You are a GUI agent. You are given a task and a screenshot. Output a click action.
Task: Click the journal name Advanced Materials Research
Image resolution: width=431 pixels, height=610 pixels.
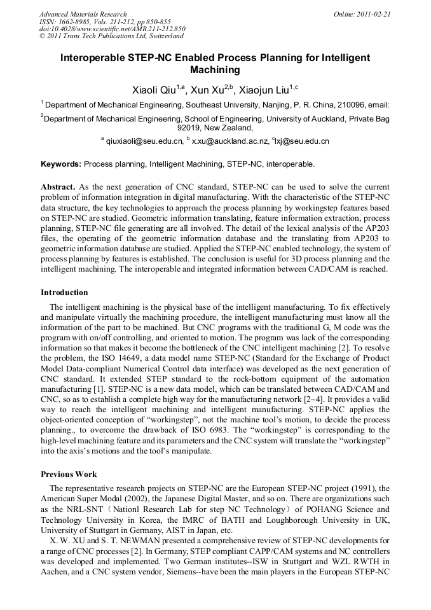[x=83, y=13]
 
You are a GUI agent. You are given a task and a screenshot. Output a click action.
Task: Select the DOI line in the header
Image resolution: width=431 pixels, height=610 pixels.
[x=112, y=29]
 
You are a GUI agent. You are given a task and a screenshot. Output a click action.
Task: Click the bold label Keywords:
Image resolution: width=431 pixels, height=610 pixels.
[x=61, y=163]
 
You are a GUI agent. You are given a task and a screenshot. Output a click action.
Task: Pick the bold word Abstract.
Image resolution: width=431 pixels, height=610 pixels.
[x=58, y=188]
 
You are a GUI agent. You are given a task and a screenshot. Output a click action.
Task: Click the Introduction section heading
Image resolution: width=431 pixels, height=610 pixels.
[x=64, y=293]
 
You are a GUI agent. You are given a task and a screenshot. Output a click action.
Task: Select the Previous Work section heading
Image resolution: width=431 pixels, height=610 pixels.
[x=69, y=475]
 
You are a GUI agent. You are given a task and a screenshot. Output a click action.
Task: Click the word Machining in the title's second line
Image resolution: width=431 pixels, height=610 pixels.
[x=215, y=70]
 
